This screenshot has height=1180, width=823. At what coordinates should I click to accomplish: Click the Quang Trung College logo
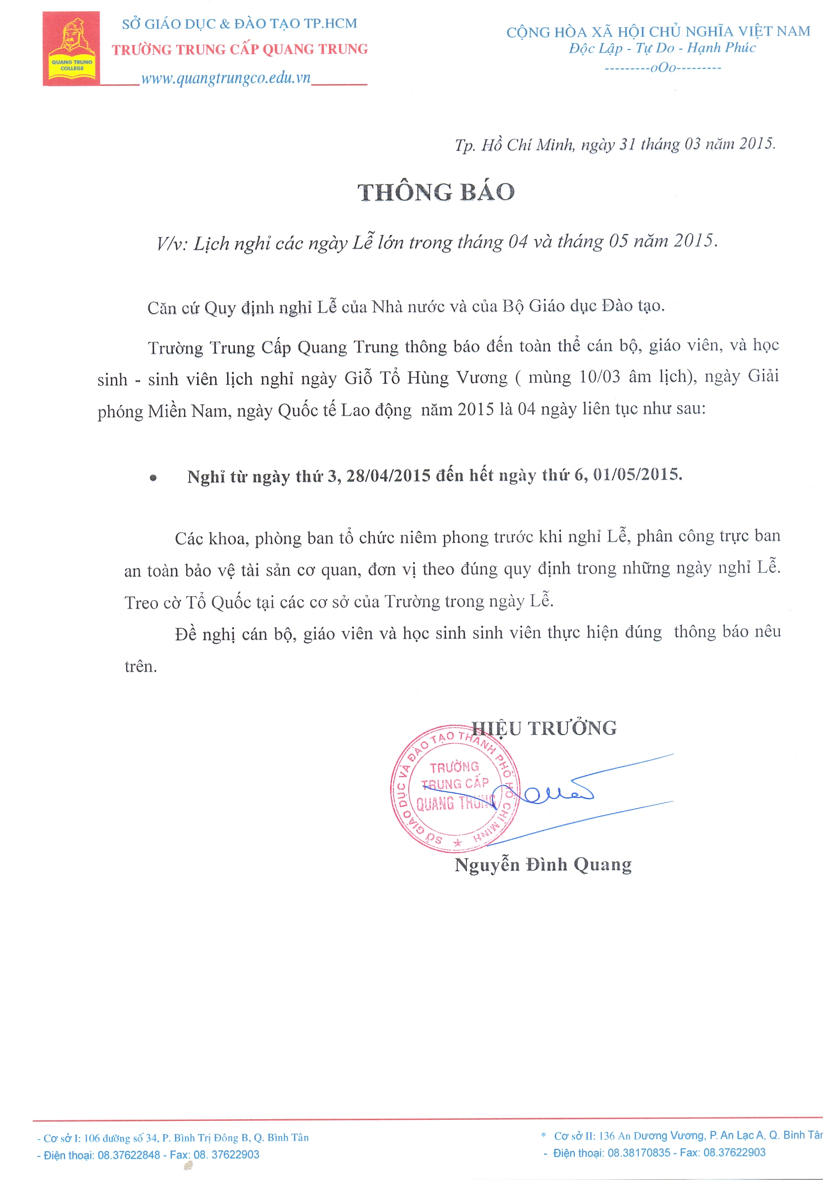click(x=71, y=49)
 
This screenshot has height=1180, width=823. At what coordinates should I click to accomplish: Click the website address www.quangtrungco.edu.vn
click(x=226, y=78)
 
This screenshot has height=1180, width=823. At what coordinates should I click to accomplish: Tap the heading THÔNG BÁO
click(x=436, y=192)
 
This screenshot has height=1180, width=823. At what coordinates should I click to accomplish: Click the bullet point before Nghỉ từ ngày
click(x=153, y=478)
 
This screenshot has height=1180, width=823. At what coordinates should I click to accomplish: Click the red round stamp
click(x=455, y=788)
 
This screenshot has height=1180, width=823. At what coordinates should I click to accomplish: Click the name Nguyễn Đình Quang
click(x=543, y=864)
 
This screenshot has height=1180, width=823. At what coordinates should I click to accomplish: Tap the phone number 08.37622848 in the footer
click(x=129, y=1155)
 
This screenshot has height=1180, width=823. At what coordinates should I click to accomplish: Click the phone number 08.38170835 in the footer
click(x=639, y=1153)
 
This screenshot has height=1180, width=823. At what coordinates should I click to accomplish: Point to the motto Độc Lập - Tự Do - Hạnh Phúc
click(x=662, y=49)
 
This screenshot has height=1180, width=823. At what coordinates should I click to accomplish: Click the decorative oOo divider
click(x=663, y=68)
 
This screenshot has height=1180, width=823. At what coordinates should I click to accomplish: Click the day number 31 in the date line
click(x=628, y=145)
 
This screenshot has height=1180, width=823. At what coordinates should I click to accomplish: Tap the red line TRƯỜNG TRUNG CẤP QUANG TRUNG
click(x=240, y=50)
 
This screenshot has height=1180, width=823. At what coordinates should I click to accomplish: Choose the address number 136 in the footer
click(x=606, y=1136)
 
